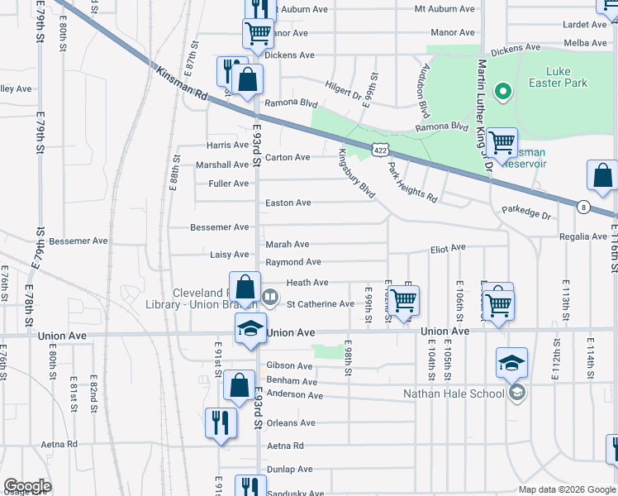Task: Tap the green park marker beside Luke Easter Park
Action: tap(501, 91)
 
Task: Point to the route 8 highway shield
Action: tap(584, 207)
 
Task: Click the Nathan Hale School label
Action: tap(454, 393)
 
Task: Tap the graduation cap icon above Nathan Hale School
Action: tap(511, 361)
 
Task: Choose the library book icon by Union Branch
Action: tap(269, 296)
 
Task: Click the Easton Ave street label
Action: tap(288, 203)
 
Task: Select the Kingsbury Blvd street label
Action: tap(357, 174)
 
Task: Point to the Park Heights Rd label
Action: tap(412, 183)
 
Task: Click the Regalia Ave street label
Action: tap(582, 236)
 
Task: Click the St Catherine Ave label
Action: tap(320, 304)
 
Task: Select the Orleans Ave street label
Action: tap(290, 423)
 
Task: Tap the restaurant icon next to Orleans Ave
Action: tap(221, 422)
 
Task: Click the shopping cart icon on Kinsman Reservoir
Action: tap(502, 142)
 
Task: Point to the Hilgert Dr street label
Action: tap(343, 96)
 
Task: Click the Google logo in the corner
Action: tap(27, 486)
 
